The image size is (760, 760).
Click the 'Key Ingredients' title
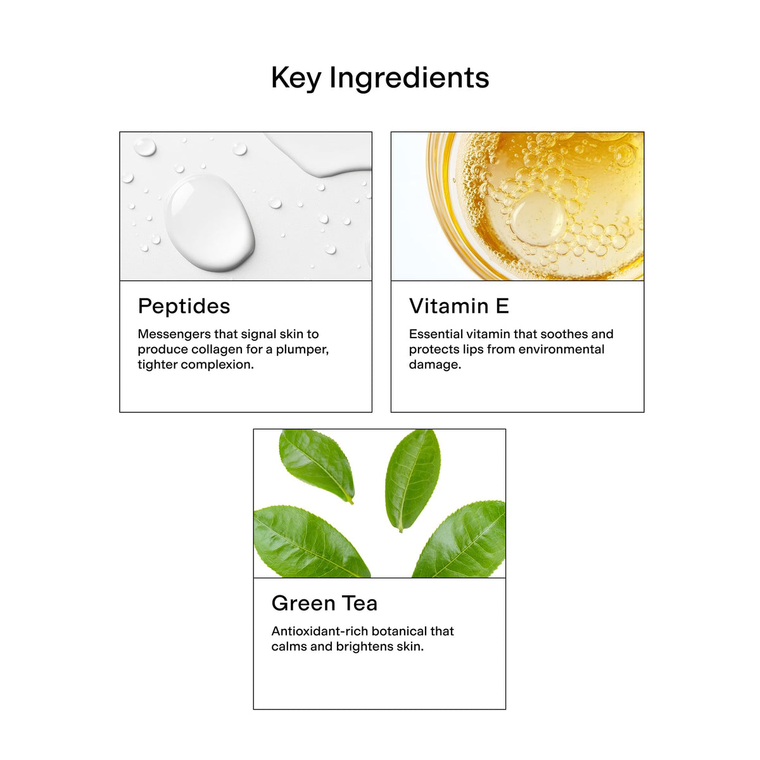(380, 78)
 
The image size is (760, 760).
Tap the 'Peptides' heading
(184, 307)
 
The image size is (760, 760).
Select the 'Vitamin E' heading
(459, 306)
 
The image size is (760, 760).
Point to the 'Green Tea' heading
(324, 603)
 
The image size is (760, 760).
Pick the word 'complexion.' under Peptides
(217, 365)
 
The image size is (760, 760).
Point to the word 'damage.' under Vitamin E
(434, 365)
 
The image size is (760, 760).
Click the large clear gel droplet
(210, 223)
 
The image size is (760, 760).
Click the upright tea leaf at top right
(412, 479)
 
